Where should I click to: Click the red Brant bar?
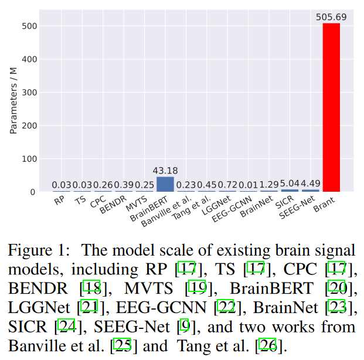coord(331,108)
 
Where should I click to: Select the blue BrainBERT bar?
coord(165,184)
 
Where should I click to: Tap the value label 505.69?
coord(331,17)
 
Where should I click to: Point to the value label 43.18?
coord(165,171)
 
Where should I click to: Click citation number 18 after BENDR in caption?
coord(91,288)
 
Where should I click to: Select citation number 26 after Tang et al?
coord(267,345)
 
